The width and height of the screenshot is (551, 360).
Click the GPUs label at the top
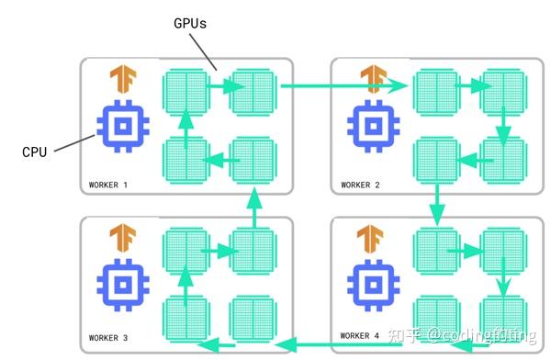pyautogui.click(x=190, y=25)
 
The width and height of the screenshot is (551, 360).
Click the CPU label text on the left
pyautogui.click(x=34, y=152)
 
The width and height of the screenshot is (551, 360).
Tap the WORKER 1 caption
pyautogui.click(x=108, y=185)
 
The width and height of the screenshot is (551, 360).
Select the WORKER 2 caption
pyautogui.click(x=360, y=185)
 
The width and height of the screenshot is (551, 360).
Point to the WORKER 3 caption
pyautogui.click(x=108, y=339)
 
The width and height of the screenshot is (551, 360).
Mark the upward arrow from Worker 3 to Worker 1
pyautogui.click(x=252, y=208)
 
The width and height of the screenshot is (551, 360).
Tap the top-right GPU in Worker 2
pyautogui.click(x=500, y=90)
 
